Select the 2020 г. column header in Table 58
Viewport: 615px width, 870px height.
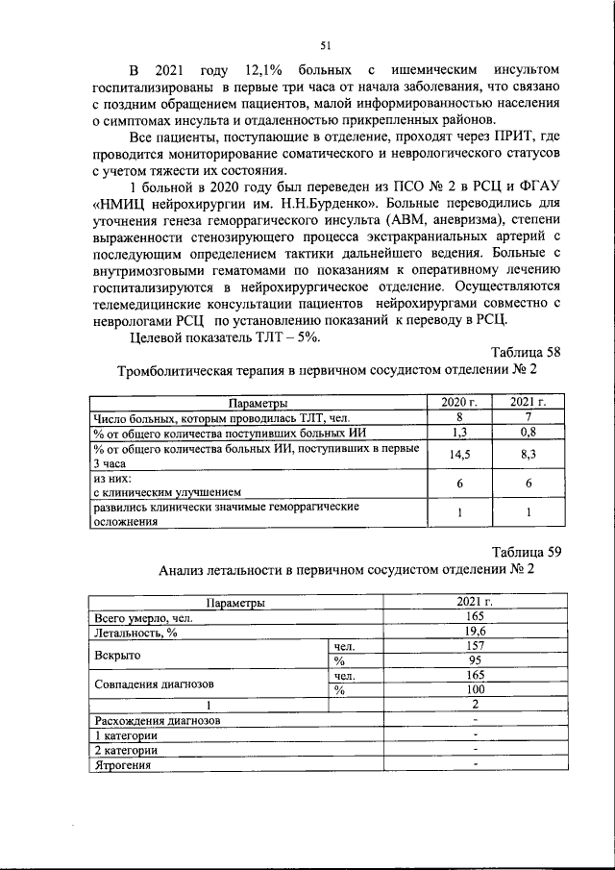[x=459, y=403]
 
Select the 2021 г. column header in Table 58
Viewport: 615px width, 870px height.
[x=529, y=403]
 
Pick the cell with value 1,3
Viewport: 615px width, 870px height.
[x=459, y=433]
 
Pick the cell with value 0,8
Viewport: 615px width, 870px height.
[x=529, y=433]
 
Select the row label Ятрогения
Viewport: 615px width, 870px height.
[x=124, y=764]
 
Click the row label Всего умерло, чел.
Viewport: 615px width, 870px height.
[x=143, y=617]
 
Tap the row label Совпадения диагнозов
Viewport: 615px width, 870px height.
[x=154, y=684]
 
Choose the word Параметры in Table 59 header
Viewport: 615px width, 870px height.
[x=235, y=602]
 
